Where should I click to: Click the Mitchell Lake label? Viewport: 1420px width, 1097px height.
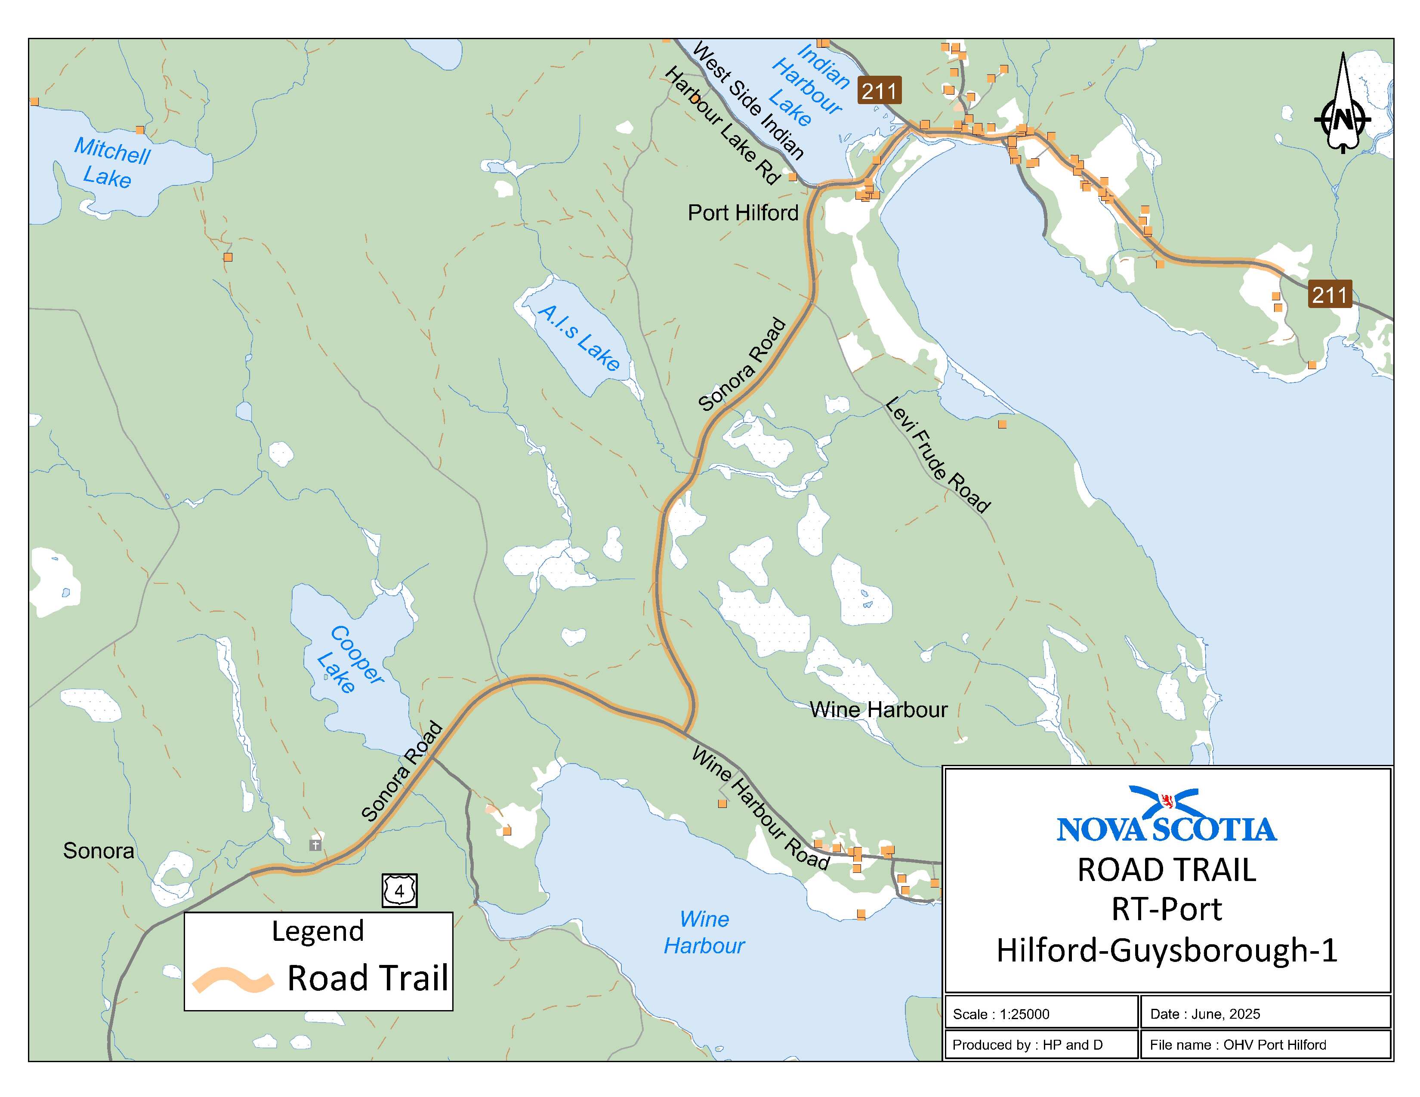(x=111, y=163)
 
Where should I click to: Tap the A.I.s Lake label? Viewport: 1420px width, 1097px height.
(x=579, y=339)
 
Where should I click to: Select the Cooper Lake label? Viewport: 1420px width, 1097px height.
(x=350, y=659)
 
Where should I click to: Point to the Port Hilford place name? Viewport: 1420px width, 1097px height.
(x=743, y=213)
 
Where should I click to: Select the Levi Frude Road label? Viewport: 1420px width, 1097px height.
(x=937, y=456)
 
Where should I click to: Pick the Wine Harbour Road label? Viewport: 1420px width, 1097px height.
(x=759, y=808)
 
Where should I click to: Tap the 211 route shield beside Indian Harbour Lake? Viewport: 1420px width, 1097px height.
(x=879, y=90)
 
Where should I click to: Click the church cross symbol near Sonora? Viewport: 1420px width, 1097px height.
(x=315, y=845)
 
